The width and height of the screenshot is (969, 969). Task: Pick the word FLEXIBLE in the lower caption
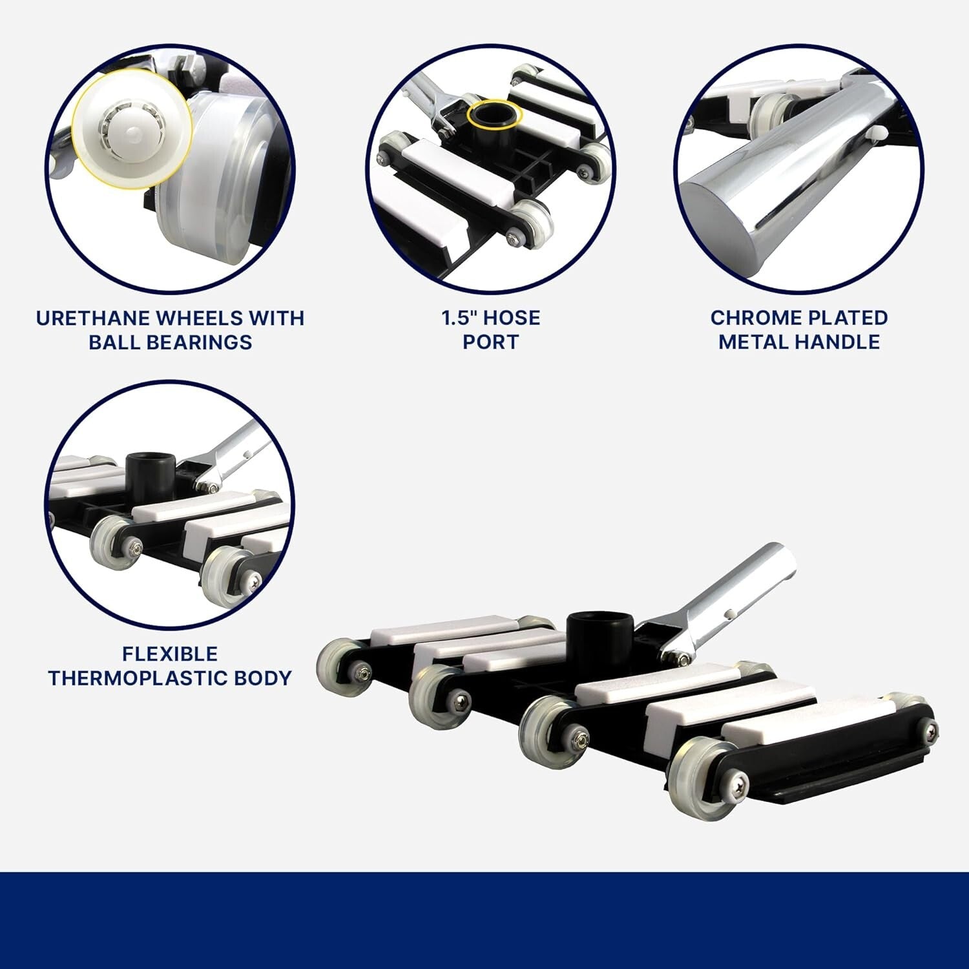coord(170,654)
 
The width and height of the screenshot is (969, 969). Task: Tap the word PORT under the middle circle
coord(490,342)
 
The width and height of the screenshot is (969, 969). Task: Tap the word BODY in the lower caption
coord(264,678)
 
